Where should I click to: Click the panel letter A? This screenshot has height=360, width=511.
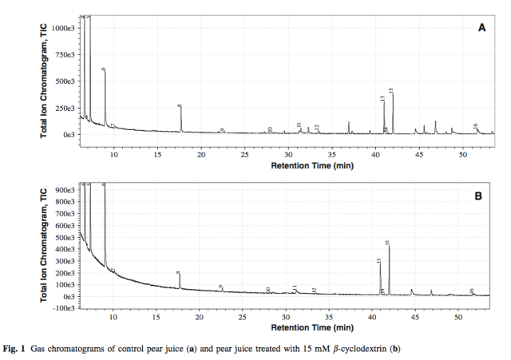481,27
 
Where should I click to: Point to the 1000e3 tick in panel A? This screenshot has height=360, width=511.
64,28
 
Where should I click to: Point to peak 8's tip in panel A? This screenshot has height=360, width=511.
181,109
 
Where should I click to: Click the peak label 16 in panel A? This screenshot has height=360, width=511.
476,125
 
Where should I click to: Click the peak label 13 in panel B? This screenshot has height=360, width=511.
379,260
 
